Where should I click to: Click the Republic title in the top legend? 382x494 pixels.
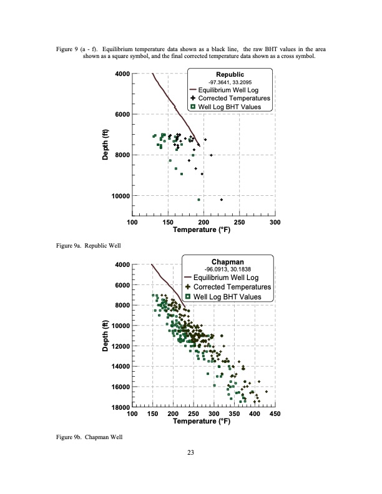click(230, 74)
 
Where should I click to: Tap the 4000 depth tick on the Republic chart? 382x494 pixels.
click(121, 74)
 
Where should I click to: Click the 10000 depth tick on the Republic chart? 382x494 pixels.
click(119, 196)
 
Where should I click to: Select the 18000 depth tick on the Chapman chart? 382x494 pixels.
click(119, 407)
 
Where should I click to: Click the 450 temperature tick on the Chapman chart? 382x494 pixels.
click(275, 414)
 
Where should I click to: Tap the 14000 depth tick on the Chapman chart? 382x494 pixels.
click(119, 367)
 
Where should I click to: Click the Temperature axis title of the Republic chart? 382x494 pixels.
click(203, 231)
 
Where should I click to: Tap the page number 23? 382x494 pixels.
click(191, 462)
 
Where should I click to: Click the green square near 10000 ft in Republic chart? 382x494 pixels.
click(198, 200)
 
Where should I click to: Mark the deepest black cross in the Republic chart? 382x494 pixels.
click(222, 200)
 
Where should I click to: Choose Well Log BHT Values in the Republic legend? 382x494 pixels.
click(234, 107)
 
